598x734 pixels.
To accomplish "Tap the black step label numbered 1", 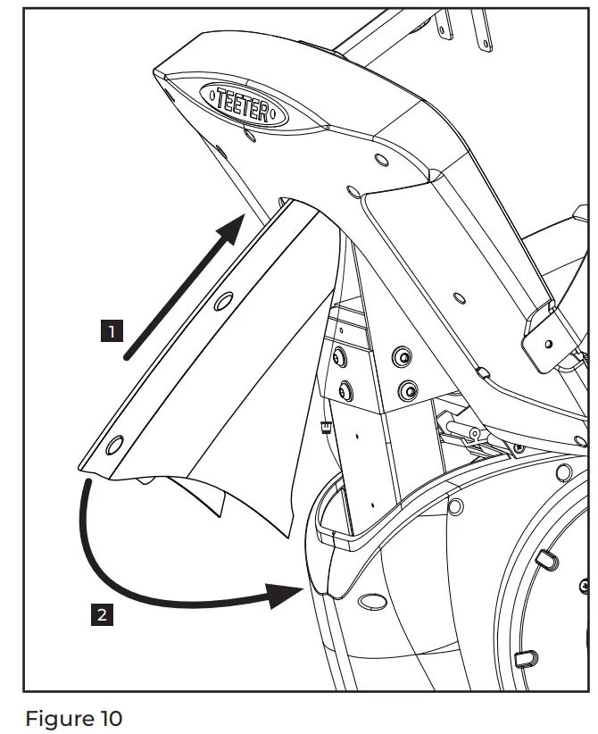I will click(111, 332).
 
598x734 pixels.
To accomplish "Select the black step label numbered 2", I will click(103, 614).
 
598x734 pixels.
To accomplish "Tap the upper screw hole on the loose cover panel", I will click(220, 303).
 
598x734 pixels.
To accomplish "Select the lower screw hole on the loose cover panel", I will click(115, 443).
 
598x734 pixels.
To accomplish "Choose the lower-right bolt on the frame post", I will click(408, 389).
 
